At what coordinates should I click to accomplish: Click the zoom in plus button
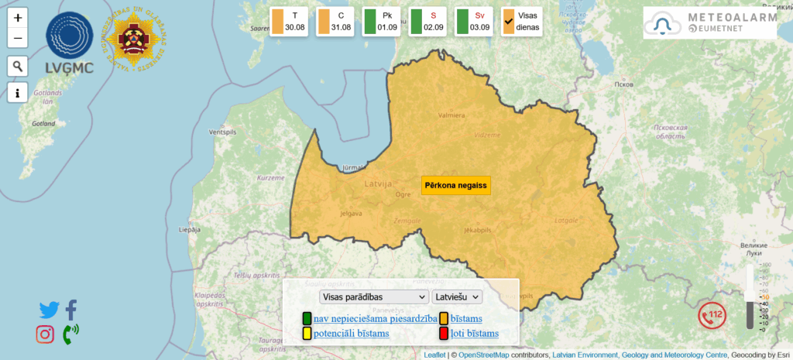pyautogui.click(x=18, y=18)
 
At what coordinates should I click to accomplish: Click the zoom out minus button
pyautogui.click(x=18, y=38)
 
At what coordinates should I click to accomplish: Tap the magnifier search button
pyautogui.click(x=18, y=66)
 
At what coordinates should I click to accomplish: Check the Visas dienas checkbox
pyautogui.click(x=509, y=22)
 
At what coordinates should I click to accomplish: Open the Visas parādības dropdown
pyautogui.click(x=373, y=297)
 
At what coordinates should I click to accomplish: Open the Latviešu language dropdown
pyautogui.click(x=457, y=297)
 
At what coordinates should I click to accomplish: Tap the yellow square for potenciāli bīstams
pyautogui.click(x=307, y=334)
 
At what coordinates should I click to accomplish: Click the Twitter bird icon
pyautogui.click(x=49, y=310)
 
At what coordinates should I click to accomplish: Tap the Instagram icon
pyautogui.click(x=45, y=334)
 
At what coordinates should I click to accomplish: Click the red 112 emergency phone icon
pyautogui.click(x=712, y=314)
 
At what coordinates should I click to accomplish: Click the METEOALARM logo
pyautogui.click(x=709, y=23)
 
